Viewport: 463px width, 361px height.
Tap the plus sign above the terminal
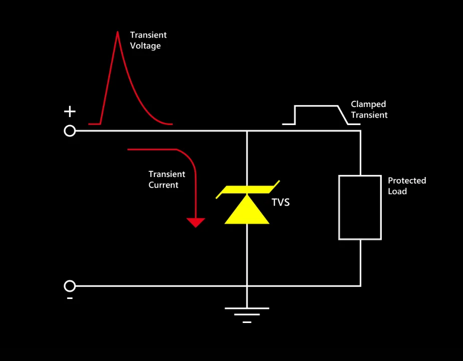[x=70, y=111]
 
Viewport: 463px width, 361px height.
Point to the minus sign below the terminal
[x=70, y=298]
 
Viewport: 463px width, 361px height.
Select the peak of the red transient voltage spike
[x=118, y=32]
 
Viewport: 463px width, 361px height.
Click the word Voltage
[x=145, y=46]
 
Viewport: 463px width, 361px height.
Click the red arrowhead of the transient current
[x=195, y=222]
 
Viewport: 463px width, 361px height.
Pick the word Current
[x=163, y=185]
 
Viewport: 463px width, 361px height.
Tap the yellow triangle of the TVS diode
[x=247, y=210]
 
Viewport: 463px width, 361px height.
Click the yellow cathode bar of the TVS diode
[x=248, y=189]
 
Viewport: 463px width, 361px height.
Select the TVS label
[x=281, y=202]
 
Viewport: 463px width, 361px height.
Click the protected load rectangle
[x=339, y=207]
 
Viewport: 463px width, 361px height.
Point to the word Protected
[x=407, y=180]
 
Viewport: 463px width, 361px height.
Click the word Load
[x=397, y=191]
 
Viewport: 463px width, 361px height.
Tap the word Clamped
[x=368, y=104]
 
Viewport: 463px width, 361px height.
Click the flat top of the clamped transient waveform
[x=316, y=106]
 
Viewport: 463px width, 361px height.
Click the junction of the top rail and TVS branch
[x=247, y=131]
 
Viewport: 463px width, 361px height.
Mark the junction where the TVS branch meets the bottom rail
[x=247, y=286]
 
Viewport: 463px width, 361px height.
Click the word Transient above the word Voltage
[x=148, y=35]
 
